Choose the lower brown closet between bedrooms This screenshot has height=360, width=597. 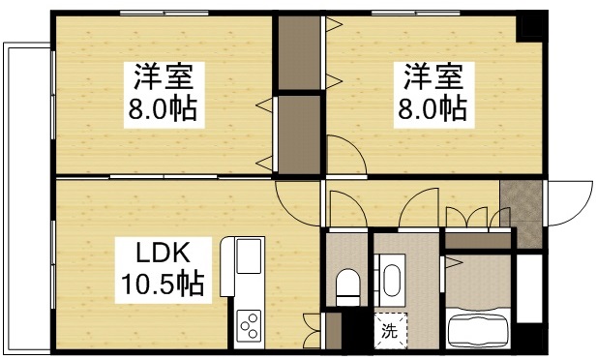pyautogui.click(x=299, y=134)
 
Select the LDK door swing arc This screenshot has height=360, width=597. pyautogui.click(x=296, y=203)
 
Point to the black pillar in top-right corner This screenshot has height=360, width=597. pyautogui.click(x=531, y=26)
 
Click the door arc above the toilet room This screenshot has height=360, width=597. pyautogui.click(x=343, y=208)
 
